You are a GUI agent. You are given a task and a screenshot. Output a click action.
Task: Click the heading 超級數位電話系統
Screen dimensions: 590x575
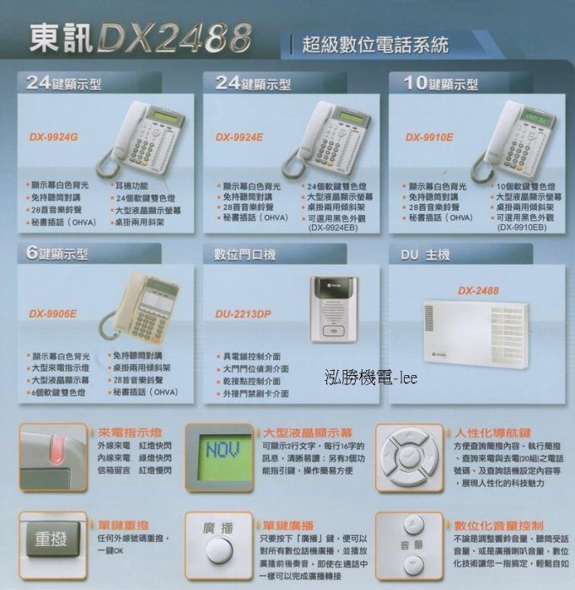click(374, 45)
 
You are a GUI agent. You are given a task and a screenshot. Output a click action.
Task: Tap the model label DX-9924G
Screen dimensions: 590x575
click(54, 137)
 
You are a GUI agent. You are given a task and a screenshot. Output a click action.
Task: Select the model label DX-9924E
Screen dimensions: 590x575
click(239, 137)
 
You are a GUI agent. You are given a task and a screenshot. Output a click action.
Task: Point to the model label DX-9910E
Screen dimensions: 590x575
click(429, 137)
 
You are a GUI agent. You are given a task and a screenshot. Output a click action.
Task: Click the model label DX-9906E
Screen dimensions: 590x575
click(52, 314)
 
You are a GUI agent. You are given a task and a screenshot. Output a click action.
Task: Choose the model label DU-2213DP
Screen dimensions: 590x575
click(243, 314)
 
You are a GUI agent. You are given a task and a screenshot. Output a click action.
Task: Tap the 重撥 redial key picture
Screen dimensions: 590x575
click(51, 539)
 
